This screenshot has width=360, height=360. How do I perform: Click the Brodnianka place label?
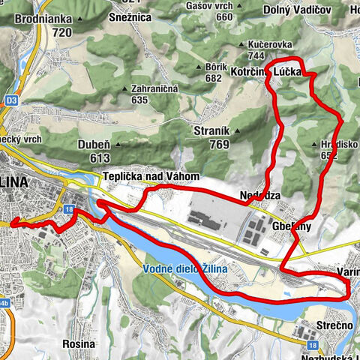pyautogui.click(x=43, y=18)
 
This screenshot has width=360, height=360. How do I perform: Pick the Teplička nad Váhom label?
pyautogui.click(x=151, y=176)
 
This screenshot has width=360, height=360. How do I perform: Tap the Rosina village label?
pyautogui.click(x=79, y=343)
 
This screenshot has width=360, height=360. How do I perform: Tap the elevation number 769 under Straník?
pyautogui.click(x=218, y=145)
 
